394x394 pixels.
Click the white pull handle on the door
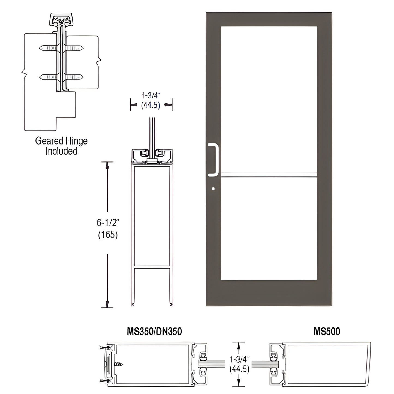(216, 160)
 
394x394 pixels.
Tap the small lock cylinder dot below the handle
(213, 188)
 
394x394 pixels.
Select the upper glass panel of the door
(269, 100)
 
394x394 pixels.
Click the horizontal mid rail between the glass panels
(269, 175)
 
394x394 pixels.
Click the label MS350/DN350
(154, 331)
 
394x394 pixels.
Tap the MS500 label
(327, 331)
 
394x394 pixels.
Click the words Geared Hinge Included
(61, 146)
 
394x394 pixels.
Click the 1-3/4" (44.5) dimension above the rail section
(151, 100)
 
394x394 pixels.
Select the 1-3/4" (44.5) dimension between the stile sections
(239, 364)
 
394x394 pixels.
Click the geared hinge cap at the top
(61, 19)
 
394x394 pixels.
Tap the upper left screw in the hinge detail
(48, 48)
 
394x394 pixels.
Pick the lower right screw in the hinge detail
(74, 77)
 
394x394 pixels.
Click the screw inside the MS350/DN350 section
(118, 364)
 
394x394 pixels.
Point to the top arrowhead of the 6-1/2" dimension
(107, 165)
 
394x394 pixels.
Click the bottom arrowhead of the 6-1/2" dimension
(107, 304)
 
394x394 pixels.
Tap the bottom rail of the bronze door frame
(269, 293)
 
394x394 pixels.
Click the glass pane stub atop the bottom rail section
(152, 134)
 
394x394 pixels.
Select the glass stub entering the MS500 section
(263, 364)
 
